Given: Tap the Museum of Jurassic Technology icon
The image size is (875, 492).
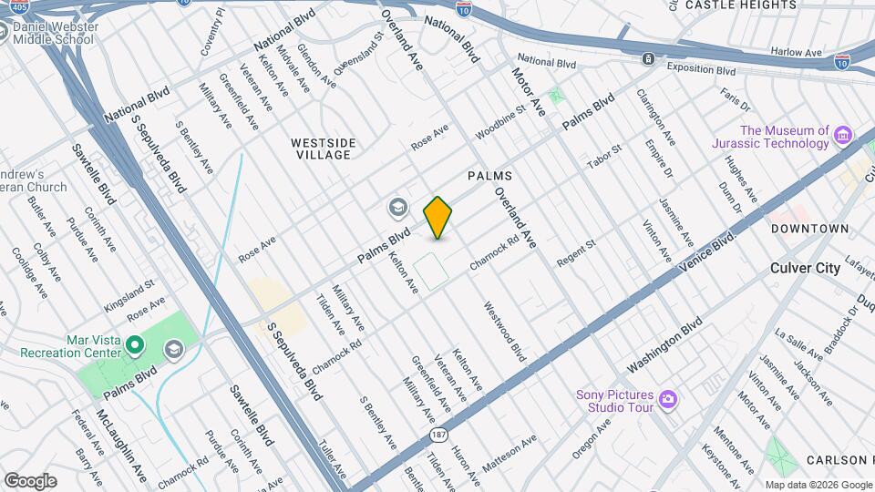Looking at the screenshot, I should (x=843, y=137).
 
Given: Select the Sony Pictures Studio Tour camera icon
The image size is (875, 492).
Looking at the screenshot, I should (x=668, y=399).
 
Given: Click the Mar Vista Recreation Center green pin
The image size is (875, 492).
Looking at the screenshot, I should (x=135, y=344).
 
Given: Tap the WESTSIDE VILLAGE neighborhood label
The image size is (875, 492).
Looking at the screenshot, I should (x=323, y=149).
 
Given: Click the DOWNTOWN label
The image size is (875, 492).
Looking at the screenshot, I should (x=810, y=229).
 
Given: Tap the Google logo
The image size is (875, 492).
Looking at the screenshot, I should (x=30, y=480).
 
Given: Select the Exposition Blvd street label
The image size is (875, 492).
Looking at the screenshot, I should (x=701, y=68).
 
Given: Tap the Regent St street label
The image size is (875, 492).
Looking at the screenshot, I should (x=575, y=252).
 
